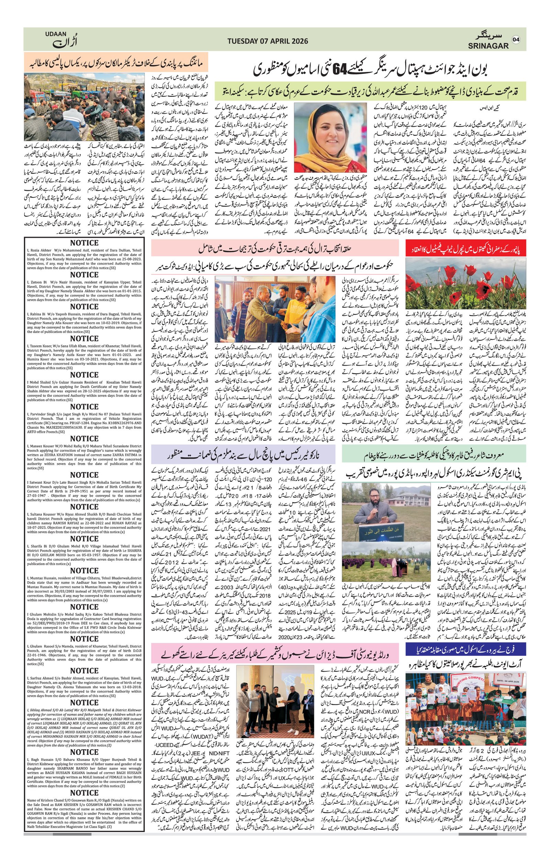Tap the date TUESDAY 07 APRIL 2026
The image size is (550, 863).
(x=268, y=41)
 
